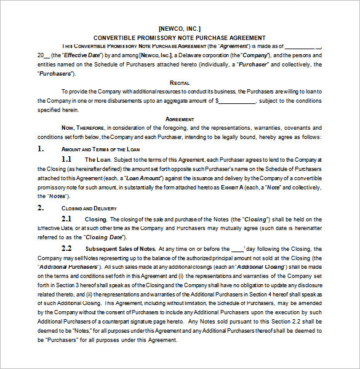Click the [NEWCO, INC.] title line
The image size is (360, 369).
[x=179, y=28]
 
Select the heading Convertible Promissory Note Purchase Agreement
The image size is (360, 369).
[x=179, y=38]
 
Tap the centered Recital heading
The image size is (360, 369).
[x=180, y=82]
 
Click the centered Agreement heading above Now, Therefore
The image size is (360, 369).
[x=180, y=119]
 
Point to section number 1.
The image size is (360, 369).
[x=41, y=149]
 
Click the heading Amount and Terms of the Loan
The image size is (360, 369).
[x=94, y=149]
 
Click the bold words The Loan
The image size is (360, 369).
[x=102, y=160]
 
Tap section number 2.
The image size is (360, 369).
[x=41, y=208]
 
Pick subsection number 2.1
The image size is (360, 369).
[x=66, y=218]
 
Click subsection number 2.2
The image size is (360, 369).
[x=66, y=248]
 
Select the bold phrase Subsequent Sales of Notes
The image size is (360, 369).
[x=120, y=248]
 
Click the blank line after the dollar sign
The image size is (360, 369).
[x=237, y=100]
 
